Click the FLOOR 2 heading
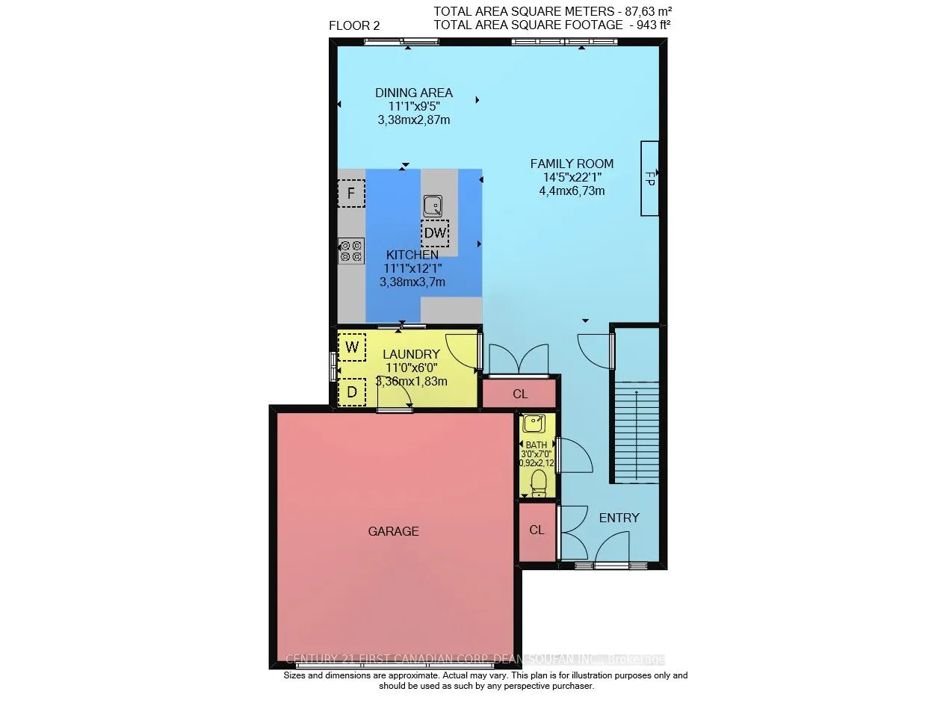(x=354, y=25)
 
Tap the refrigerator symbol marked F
(x=351, y=194)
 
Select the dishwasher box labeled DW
(x=435, y=233)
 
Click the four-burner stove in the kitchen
(x=351, y=250)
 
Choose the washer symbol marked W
(x=352, y=347)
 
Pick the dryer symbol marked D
(x=352, y=391)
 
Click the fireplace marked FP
(x=649, y=179)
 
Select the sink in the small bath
(x=534, y=424)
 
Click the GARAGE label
(x=393, y=531)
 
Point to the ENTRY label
(x=619, y=518)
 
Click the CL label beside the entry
(x=537, y=530)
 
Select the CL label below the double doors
(x=520, y=393)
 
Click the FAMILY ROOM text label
(x=572, y=164)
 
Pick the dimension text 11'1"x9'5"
(x=414, y=106)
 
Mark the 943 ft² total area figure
(x=649, y=25)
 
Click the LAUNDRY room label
(x=411, y=354)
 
